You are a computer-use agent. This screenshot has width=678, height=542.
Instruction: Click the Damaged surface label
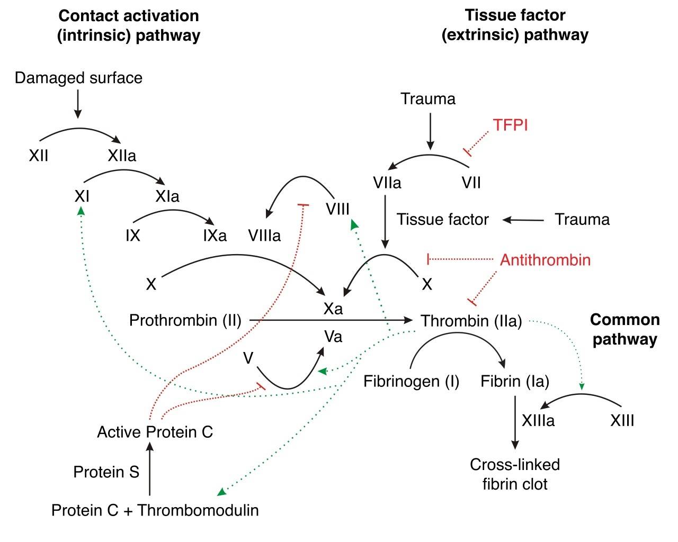pos(78,78)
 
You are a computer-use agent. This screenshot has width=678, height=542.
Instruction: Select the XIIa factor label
pos(122,156)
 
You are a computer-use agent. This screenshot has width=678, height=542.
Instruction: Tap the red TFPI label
pos(510,125)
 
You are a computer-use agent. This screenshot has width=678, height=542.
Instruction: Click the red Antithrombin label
pos(545,260)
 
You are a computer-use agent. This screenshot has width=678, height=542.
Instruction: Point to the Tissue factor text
pos(443,219)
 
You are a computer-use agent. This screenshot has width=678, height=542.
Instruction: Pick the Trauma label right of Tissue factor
pos(582,219)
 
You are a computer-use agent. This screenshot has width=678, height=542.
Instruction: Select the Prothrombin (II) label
pos(185,320)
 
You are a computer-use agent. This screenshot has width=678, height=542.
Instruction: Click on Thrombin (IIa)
pos(471,321)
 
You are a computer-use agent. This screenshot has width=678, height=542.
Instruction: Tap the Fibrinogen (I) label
pos(411,381)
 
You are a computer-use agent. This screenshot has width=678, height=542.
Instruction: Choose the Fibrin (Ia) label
pos(514,381)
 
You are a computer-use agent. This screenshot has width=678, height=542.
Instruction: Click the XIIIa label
pos(538,421)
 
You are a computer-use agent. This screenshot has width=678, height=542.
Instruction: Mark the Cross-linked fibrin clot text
pos(514,474)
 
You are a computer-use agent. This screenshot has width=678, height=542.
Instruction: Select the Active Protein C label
pos(155,432)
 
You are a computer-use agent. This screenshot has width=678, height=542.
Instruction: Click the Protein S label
pos(106,472)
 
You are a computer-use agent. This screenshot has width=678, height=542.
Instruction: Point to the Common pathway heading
pos(625,329)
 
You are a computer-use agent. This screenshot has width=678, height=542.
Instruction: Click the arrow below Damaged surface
pos(78,104)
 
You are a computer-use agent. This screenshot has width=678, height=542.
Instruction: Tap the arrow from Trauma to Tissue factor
pos(523,220)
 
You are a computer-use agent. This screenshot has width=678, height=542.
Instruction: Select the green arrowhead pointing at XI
pos(81,211)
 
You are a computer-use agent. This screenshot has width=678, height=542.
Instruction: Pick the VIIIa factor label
pos(264,236)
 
